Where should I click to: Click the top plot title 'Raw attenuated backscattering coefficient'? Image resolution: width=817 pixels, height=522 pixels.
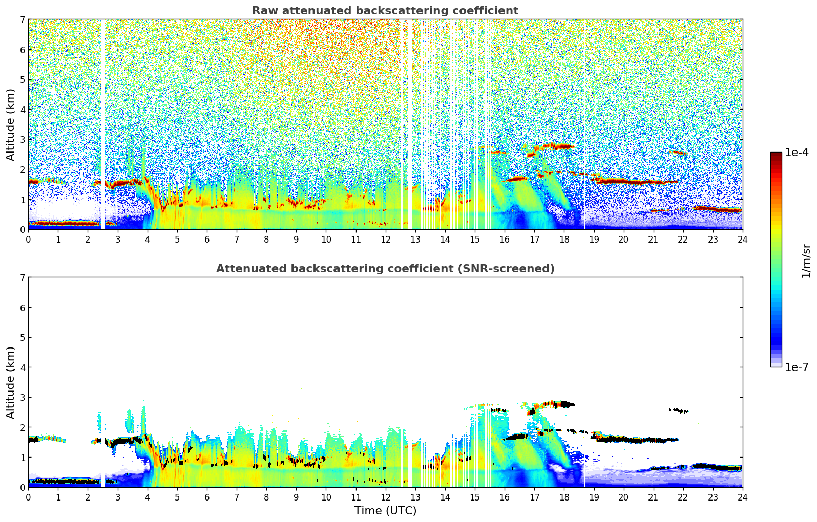pyautogui.click(x=385, y=11)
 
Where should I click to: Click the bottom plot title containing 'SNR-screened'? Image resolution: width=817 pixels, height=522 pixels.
pyautogui.click(x=385, y=269)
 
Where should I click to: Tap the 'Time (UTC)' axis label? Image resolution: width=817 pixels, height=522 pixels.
pyautogui.click(x=385, y=510)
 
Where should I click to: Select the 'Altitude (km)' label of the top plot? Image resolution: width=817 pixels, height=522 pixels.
pyautogui.click(x=10, y=124)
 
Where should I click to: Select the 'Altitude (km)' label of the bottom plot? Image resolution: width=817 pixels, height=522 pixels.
pyautogui.click(x=10, y=382)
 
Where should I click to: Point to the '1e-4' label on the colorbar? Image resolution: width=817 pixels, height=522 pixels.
pyautogui.click(x=797, y=153)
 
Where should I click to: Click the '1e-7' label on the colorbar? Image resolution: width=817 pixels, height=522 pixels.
pyautogui.click(x=797, y=367)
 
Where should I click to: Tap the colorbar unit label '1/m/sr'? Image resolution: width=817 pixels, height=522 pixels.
pyautogui.click(x=806, y=260)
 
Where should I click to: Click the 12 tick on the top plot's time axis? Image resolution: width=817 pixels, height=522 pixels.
pyautogui.click(x=385, y=239)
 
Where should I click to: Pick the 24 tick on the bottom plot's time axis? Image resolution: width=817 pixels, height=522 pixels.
pyautogui.click(x=742, y=497)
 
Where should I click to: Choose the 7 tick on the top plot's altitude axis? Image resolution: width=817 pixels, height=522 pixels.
pyautogui.click(x=22, y=20)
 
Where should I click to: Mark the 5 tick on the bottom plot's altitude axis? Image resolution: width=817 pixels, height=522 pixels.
pyautogui.click(x=22, y=338)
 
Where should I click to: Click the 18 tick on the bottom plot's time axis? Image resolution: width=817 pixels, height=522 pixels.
pyautogui.click(x=564, y=497)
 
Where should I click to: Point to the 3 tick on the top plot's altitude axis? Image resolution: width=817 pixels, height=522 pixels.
pyautogui.click(x=22, y=140)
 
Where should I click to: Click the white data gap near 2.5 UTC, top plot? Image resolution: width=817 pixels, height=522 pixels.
pyautogui.click(x=103, y=123)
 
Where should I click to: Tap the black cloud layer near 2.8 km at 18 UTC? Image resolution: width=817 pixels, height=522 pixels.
pyautogui.click(x=563, y=404)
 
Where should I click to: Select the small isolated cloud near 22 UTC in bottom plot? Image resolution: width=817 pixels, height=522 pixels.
pyautogui.click(x=679, y=410)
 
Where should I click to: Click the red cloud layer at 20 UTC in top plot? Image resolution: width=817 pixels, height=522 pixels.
pyautogui.click(x=623, y=181)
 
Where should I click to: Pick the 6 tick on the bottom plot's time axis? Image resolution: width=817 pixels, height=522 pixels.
pyautogui.click(x=206, y=497)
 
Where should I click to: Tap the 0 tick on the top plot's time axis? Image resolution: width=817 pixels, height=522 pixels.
pyautogui.click(x=28, y=239)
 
